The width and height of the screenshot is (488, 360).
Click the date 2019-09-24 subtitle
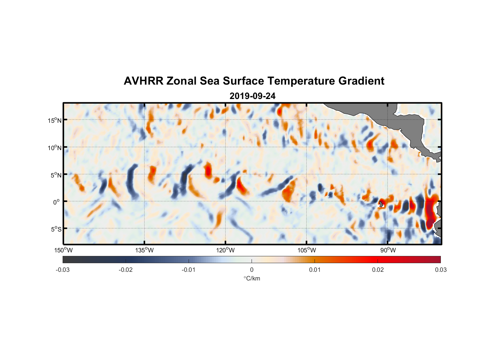point(252,96)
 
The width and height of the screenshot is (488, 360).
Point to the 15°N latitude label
point(55,120)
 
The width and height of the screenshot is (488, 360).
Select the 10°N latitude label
point(55,148)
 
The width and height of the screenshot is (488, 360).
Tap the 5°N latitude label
point(56,175)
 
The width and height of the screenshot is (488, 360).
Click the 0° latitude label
point(57,202)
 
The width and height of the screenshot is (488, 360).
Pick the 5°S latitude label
point(56,229)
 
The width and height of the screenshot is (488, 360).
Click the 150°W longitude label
point(63,250)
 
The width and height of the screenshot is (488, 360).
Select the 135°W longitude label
point(144,250)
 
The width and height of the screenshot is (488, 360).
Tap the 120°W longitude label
point(225,250)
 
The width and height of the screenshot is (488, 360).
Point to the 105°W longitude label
point(307,250)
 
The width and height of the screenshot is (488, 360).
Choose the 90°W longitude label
point(388,250)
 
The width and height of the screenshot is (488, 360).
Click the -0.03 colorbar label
point(63,270)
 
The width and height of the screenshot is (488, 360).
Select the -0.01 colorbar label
point(189,270)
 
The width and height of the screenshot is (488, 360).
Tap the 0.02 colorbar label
point(378,270)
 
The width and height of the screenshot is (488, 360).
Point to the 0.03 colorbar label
point(440,270)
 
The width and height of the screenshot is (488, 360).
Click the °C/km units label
point(252,278)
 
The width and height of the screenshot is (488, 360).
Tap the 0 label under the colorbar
point(252,270)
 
